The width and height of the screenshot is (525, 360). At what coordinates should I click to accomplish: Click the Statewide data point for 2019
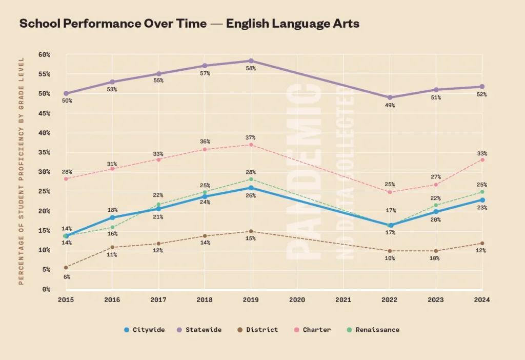pyautogui.click(x=251, y=61)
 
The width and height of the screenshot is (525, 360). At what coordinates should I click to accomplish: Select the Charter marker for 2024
pyautogui.click(x=482, y=159)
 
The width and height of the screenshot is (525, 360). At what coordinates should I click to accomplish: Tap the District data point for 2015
pyautogui.click(x=66, y=267)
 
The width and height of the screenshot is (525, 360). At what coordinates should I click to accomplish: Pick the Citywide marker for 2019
pyautogui.click(x=251, y=188)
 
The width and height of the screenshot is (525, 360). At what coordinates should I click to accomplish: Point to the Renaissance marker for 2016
pyautogui.click(x=112, y=227)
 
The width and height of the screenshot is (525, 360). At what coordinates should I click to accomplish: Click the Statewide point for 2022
pyautogui.click(x=390, y=97)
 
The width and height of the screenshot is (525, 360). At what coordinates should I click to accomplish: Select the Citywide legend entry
pyautogui.click(x=145, y=330)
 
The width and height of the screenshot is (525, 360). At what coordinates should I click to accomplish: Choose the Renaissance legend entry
pyautogui.click(x=373, y=330)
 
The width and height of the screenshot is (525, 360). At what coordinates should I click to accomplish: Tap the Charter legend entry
pyautogui.click(x=313, y=330)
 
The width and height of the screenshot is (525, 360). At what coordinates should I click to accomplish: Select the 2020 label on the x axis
pyautogui.click(x=297, y=300)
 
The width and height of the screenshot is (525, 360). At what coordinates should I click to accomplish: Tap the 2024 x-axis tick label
pyautogui.click(x=482, y=300)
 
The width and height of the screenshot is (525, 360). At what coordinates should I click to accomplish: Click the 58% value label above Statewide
pyautogui.click(x=251, y=68)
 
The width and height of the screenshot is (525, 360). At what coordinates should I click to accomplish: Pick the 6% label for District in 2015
pyautogui.click(x=67, y=277)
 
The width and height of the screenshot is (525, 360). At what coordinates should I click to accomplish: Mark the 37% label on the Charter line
pyautogui.click(x=251, y=138)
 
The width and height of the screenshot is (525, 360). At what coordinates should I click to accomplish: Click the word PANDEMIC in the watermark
pyautogui.click(x=303, y=174)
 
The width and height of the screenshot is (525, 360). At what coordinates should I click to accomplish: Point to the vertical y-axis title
pyautogui.click(x=21, y=170)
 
